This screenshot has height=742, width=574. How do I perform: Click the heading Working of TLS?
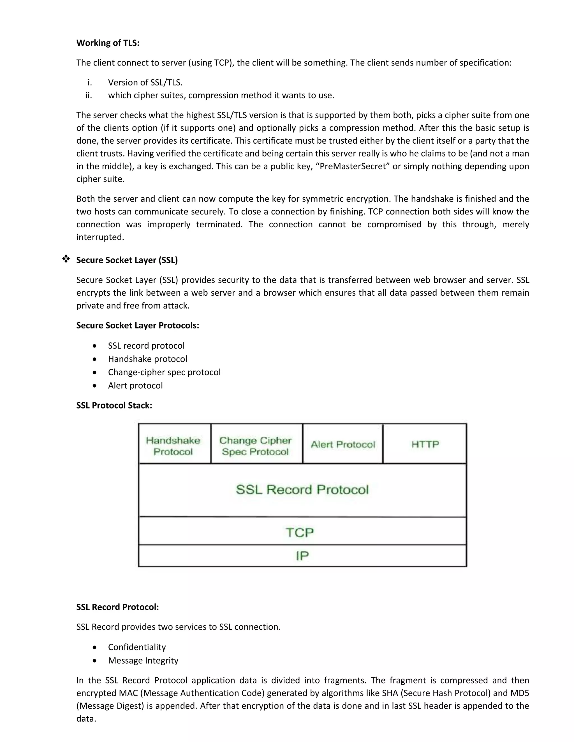click(108, 43)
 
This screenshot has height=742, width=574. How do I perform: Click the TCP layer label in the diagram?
click(300, 532)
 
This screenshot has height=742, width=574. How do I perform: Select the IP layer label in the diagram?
click(302, 556)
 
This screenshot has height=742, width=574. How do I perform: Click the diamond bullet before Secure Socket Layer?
click(66, 259)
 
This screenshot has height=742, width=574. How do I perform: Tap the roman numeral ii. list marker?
click(89, 95)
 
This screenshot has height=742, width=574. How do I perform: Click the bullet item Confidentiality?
click(137, 647)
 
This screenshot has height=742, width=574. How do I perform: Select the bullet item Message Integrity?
click(143, 660)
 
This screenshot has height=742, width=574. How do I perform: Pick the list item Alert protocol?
click(135, 386)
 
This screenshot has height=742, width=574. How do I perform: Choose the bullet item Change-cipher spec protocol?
click(164, 372)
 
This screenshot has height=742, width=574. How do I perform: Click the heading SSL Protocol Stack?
click(114, 405)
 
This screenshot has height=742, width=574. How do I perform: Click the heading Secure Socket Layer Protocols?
click(137, 325)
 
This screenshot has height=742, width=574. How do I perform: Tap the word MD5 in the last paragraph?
click(520, 693)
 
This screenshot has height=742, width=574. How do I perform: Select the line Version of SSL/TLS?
click(145, 83)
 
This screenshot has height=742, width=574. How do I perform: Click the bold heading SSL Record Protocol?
click(118, 607)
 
